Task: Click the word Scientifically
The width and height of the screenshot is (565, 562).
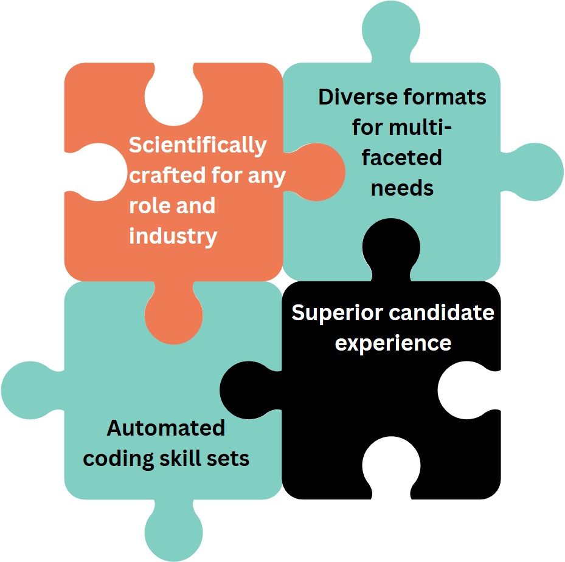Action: tap(198, 146)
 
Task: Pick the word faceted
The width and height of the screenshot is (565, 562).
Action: tap(402, 158)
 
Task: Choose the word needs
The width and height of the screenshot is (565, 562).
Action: tap(402, 188)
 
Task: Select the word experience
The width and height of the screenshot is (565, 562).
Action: tap(393, 343)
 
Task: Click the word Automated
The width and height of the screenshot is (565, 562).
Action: tap(166, 428)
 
